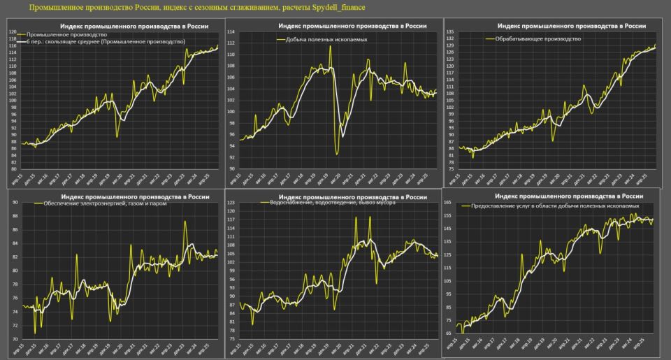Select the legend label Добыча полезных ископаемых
click(x=326, y=40)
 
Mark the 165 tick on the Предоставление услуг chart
click(x=447, y=202)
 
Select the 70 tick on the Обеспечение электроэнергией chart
click(x=13, y=339)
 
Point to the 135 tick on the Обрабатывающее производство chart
click(x=450, y=32)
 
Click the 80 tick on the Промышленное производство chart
click(x=12, y=168)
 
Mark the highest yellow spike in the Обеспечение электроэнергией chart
click(x=185, y=222)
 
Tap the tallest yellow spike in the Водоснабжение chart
click(x=356, y=217)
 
